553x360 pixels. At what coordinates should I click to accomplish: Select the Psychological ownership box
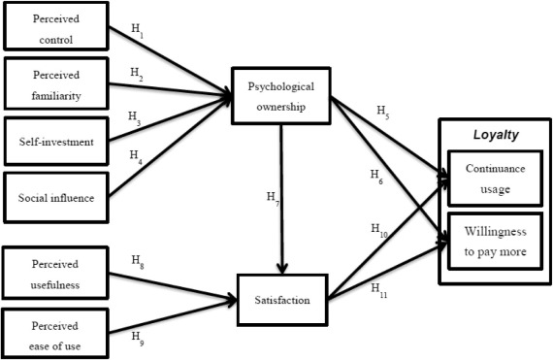point(281,96)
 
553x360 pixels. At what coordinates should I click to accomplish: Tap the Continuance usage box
point(494,180)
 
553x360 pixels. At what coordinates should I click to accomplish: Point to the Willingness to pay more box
point(494,237)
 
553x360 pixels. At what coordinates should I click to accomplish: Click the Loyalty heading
point(494,136)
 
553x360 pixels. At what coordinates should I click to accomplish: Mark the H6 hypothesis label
point(376,174)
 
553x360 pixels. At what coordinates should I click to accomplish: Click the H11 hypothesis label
point(379,288)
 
